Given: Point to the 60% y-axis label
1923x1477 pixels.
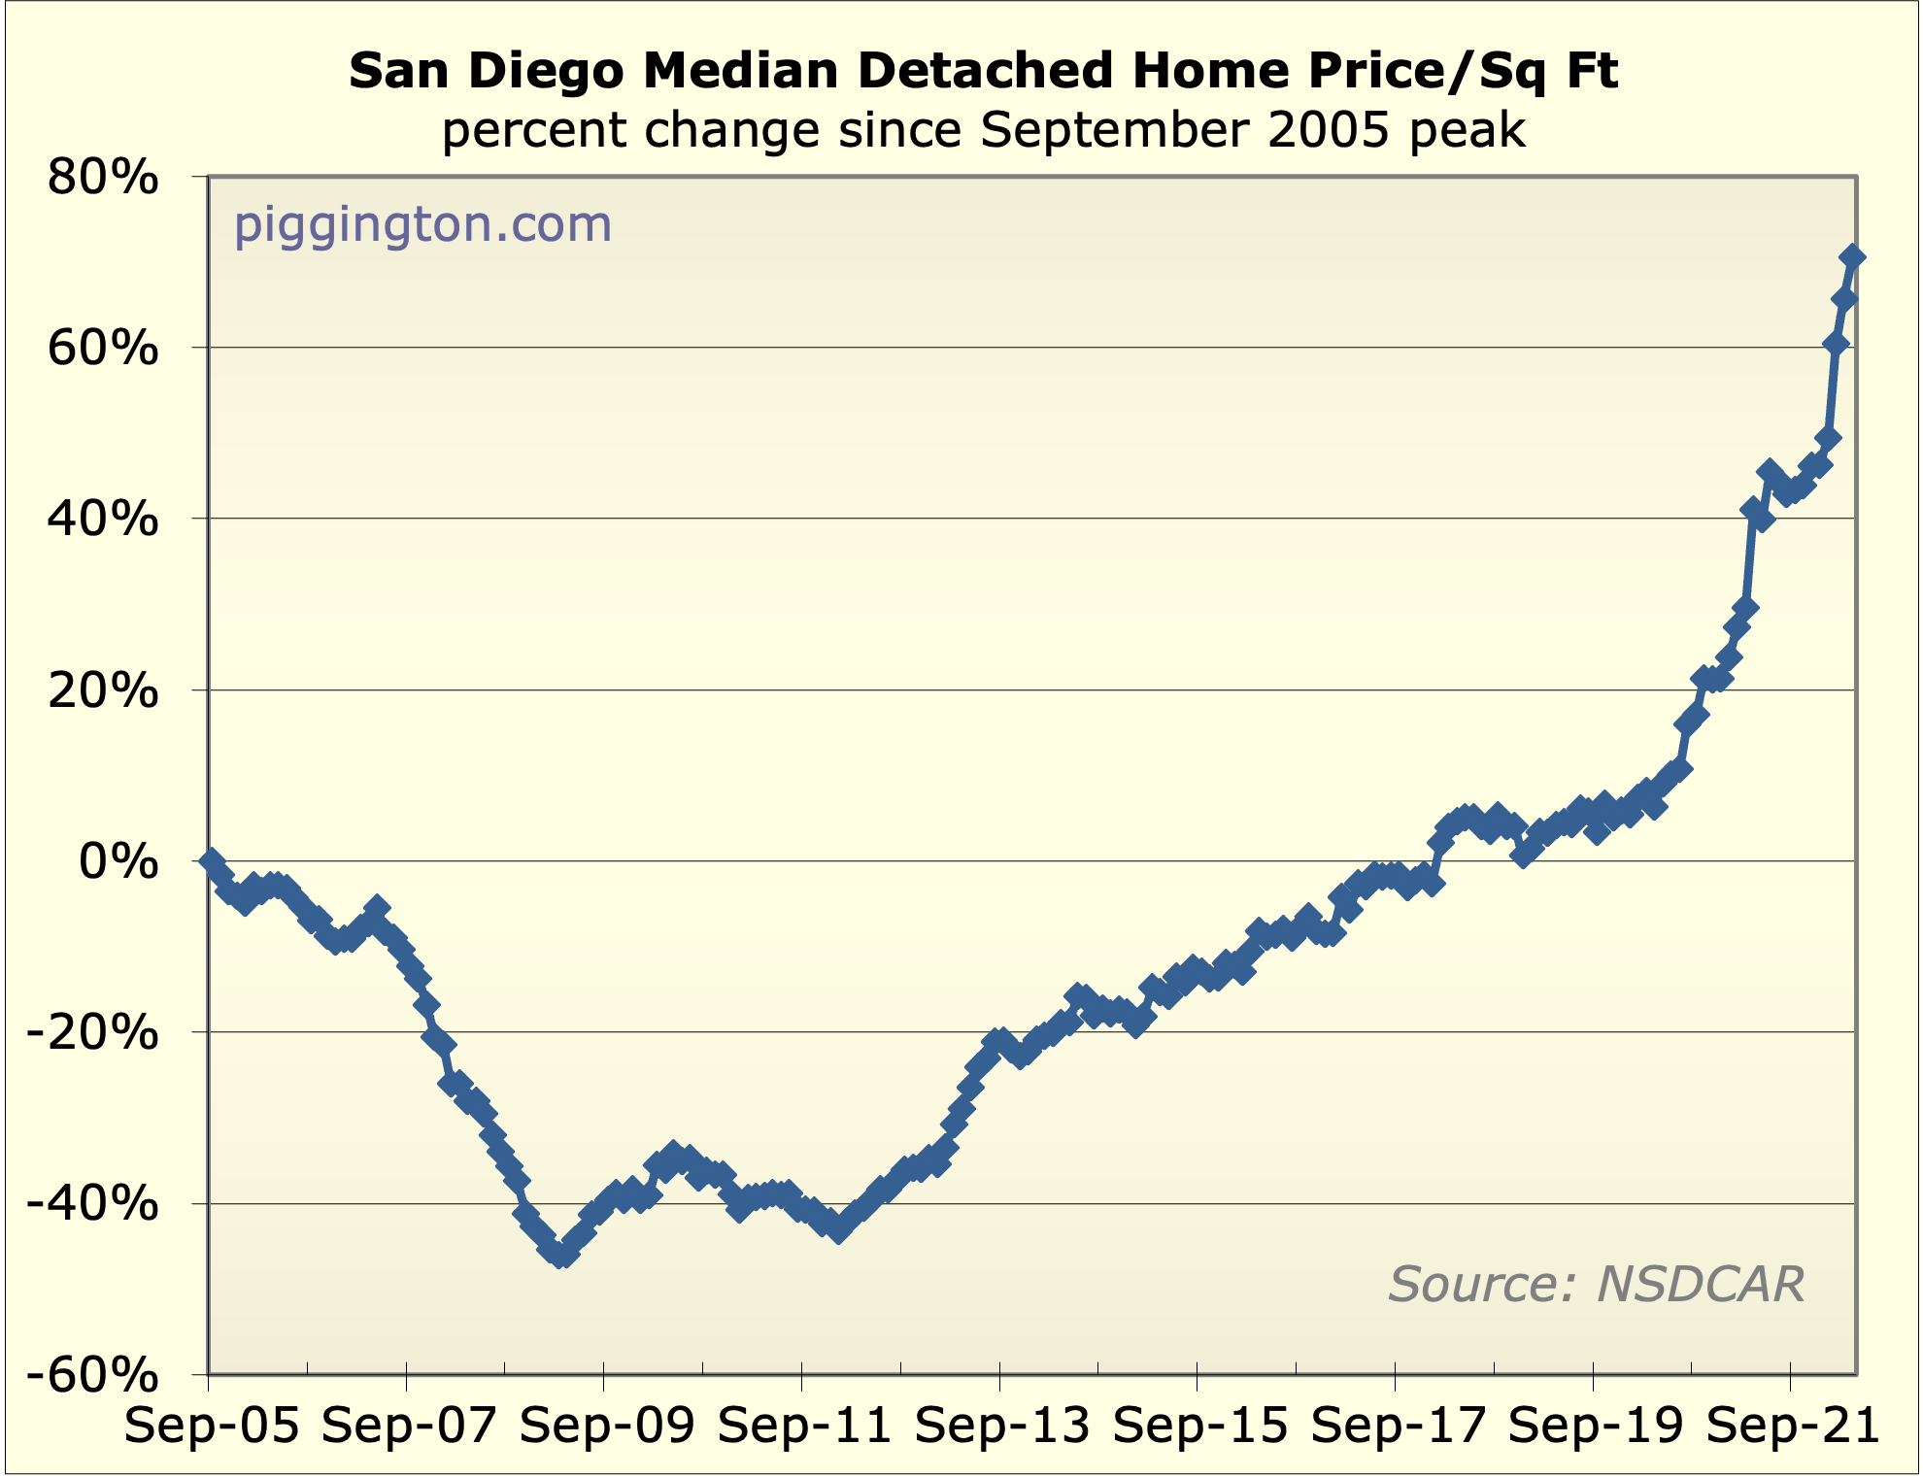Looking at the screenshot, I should pos(103,349).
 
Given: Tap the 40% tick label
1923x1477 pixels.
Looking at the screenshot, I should pos(103,520).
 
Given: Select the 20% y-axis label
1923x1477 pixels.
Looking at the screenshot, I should pos(103,691).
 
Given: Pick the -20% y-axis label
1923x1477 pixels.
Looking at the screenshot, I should pos(91,1033).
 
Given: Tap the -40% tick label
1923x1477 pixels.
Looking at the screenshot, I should pos(91,1205).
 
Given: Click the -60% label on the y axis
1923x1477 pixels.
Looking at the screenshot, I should pos(91,1376).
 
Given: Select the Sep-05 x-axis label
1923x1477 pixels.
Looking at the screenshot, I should pos(212,1427).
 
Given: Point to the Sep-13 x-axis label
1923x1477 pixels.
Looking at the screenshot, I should pos(1002,1427).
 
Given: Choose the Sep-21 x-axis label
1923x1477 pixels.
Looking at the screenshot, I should pos(1793,1427).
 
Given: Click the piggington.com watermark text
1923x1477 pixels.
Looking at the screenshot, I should pos(422,225).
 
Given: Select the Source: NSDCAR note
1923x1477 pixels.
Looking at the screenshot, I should pos(1596,1284).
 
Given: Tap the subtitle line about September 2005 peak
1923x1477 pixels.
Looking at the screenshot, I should pos(983,130).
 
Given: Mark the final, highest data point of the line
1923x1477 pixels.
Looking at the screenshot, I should pos(1851,256).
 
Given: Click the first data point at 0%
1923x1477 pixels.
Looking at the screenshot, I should pos(211,861).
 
